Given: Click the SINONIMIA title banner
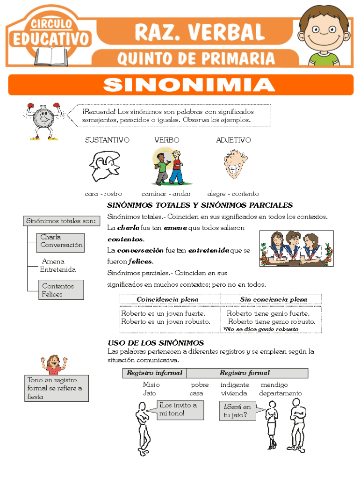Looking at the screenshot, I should (x=180, y=85).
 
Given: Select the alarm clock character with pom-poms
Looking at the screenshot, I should (x=43, y=121).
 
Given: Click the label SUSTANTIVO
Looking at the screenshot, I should (x=107, y=140).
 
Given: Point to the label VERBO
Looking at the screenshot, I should (x=166, y=140).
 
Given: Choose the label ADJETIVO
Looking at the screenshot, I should (x=233, y=140).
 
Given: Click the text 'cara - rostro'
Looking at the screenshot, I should (x=103, y=194).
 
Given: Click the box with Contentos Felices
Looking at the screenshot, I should (x=61, y=290).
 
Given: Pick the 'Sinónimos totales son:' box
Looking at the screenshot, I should (x=61, y=221).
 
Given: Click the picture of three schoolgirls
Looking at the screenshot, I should (x=296, y=248).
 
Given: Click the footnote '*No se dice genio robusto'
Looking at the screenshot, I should (x=261, y=329).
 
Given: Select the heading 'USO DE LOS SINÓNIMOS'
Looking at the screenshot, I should (x=156, y=343).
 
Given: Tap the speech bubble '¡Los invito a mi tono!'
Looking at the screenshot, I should (x=180, y=409).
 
